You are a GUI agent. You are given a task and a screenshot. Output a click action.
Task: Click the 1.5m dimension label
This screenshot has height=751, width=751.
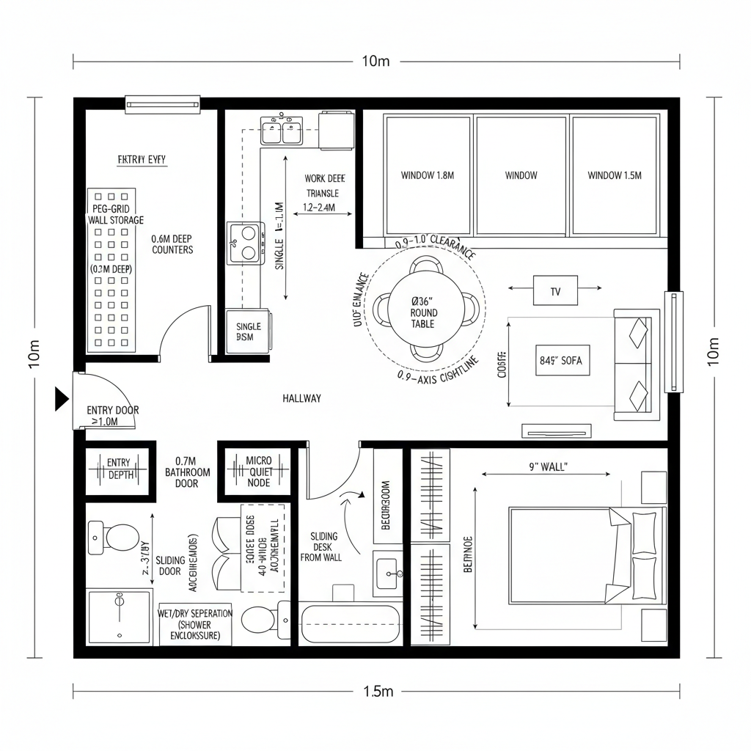378,691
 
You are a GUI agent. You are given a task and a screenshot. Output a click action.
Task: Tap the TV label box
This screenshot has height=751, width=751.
555,291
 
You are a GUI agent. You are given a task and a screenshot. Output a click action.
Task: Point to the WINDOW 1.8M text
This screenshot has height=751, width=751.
428,175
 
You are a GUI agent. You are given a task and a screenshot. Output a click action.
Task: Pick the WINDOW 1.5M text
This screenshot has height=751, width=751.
614,175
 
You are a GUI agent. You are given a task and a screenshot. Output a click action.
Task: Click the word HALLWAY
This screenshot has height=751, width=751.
301,398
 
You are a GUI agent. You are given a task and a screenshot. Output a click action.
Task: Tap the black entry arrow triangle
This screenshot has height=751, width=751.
62,399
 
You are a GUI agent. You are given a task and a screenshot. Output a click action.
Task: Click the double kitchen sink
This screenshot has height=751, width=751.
282,131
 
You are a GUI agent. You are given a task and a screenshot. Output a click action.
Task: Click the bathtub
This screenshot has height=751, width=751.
351,622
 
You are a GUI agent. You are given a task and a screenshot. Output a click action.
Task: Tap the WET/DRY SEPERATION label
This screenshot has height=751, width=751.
195,624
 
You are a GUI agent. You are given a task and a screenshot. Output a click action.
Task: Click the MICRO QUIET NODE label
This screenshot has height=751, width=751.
258,472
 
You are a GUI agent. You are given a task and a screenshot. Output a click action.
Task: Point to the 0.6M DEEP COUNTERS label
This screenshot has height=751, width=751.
172,244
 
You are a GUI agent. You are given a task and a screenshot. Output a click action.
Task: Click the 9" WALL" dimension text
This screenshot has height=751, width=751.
548,466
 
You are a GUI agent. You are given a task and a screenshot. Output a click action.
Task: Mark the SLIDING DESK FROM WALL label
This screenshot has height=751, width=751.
321,546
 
